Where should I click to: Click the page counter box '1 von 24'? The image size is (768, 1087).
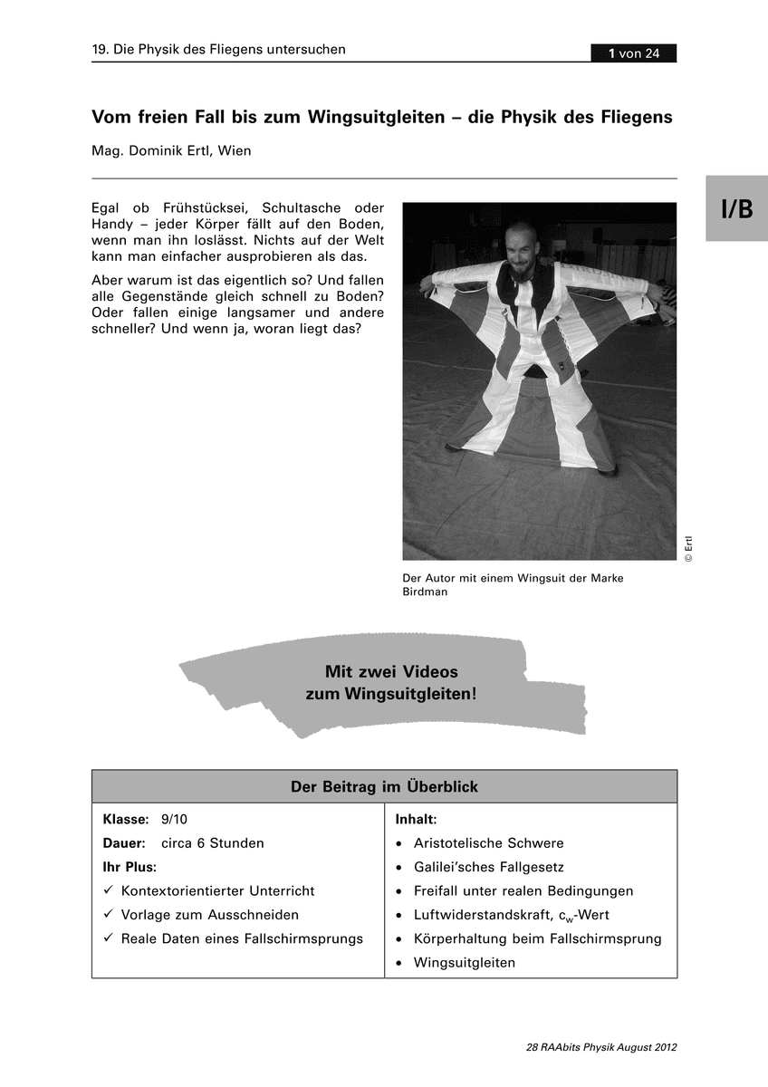click(633, 53)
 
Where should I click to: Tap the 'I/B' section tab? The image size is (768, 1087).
click(736, 209)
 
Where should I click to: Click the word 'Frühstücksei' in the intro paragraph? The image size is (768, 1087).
click(196, 207)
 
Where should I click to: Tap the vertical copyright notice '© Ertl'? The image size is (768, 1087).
click(688, 549)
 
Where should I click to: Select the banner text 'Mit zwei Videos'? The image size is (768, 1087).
click(391, 672)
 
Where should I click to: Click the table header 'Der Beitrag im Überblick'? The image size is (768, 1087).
click(384, 786)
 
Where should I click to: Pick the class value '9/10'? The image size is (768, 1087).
click(174, 819)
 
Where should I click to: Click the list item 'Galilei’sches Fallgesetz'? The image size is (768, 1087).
click(488, 867)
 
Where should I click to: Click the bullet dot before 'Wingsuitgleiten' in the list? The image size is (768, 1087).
click(399, 963)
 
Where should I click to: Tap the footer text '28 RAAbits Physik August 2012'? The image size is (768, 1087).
click(600, 1047)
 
